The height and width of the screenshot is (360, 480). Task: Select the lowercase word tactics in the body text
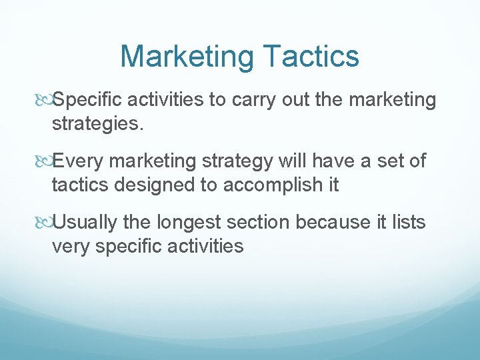pyautogui.click(x=81, y=185)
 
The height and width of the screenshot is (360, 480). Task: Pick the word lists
pyautogui.click(x=408, y=222)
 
